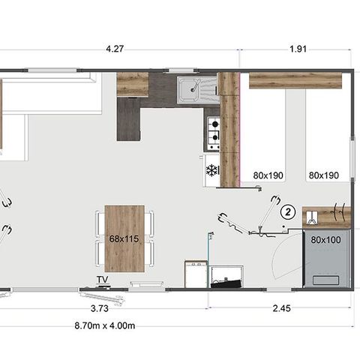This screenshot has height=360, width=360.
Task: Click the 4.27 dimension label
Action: point(115,49)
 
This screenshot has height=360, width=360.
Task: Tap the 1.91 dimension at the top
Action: point(298,49)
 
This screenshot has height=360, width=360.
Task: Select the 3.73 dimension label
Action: point(100,308)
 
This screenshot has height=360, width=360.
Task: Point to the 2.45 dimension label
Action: point(281,308)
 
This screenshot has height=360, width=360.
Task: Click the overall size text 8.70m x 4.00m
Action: point(105,325)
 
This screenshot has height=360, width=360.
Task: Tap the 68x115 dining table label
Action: point(124,238)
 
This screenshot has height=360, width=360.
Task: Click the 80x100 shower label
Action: point(325,240)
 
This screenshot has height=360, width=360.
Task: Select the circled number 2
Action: point(288,212)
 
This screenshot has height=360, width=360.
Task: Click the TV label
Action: point(103,280)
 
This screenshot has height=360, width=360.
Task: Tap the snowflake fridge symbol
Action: point(211,170)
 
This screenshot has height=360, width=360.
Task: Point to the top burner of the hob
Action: point(215,124)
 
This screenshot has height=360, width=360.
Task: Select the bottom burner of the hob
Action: point(214,137)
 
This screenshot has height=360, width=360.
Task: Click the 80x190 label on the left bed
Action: point(268,175)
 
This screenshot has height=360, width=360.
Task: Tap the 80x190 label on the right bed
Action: point(324,175)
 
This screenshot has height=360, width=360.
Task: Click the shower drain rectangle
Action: point(326,280)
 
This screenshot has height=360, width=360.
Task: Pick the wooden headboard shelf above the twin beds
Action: point(295,80)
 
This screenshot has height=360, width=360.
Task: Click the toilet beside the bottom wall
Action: point(227,277)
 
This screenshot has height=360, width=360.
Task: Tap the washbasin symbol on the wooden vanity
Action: point(312,217)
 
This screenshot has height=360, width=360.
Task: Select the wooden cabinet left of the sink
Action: point(133,85)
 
